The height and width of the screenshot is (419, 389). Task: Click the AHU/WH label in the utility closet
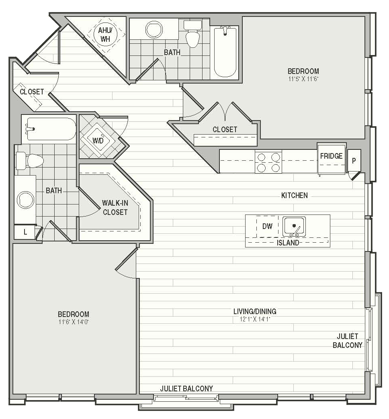pyautogui.click(x=105, y=35)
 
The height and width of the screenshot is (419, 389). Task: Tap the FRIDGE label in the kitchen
pyautogui.click(x=331, y=156)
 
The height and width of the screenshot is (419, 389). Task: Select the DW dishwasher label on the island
pyautogui.click(x=267, y=226)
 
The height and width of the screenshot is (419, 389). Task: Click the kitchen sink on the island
pyautogui.click(x=294, y=227)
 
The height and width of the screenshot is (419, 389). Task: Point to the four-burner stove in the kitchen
pyautogui.click(x=268, y=162)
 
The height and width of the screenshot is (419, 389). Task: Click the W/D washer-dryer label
pyautogui.click(x=98, y=140)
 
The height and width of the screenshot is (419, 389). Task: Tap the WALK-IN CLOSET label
pyautogui.click(x=115, y=208)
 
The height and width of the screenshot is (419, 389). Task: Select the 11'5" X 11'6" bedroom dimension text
pyautogui.click(x=303, y=79)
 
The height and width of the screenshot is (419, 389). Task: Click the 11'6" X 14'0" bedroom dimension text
pyautogui.click(x=73, y=322)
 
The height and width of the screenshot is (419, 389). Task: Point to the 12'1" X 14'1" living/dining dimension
pyautogui.click(x=255, y=319)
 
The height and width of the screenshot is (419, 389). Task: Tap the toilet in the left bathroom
pyautogui.click(x=29, y=161)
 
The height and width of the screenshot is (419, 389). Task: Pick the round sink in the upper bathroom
pyautogui.click(x=154, y=30)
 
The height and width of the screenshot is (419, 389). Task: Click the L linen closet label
pyautogui.click(x=25, y=232)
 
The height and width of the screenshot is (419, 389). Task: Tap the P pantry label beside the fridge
pyautogui.click(x=354, y=161)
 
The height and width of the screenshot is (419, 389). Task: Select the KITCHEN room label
pyautogui.click(x=294, y=195)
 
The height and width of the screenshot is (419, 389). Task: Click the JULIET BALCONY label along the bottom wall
pyautogui.click(x=186, y=388)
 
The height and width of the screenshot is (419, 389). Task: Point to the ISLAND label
pyautogui.click(x=288, y=243)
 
